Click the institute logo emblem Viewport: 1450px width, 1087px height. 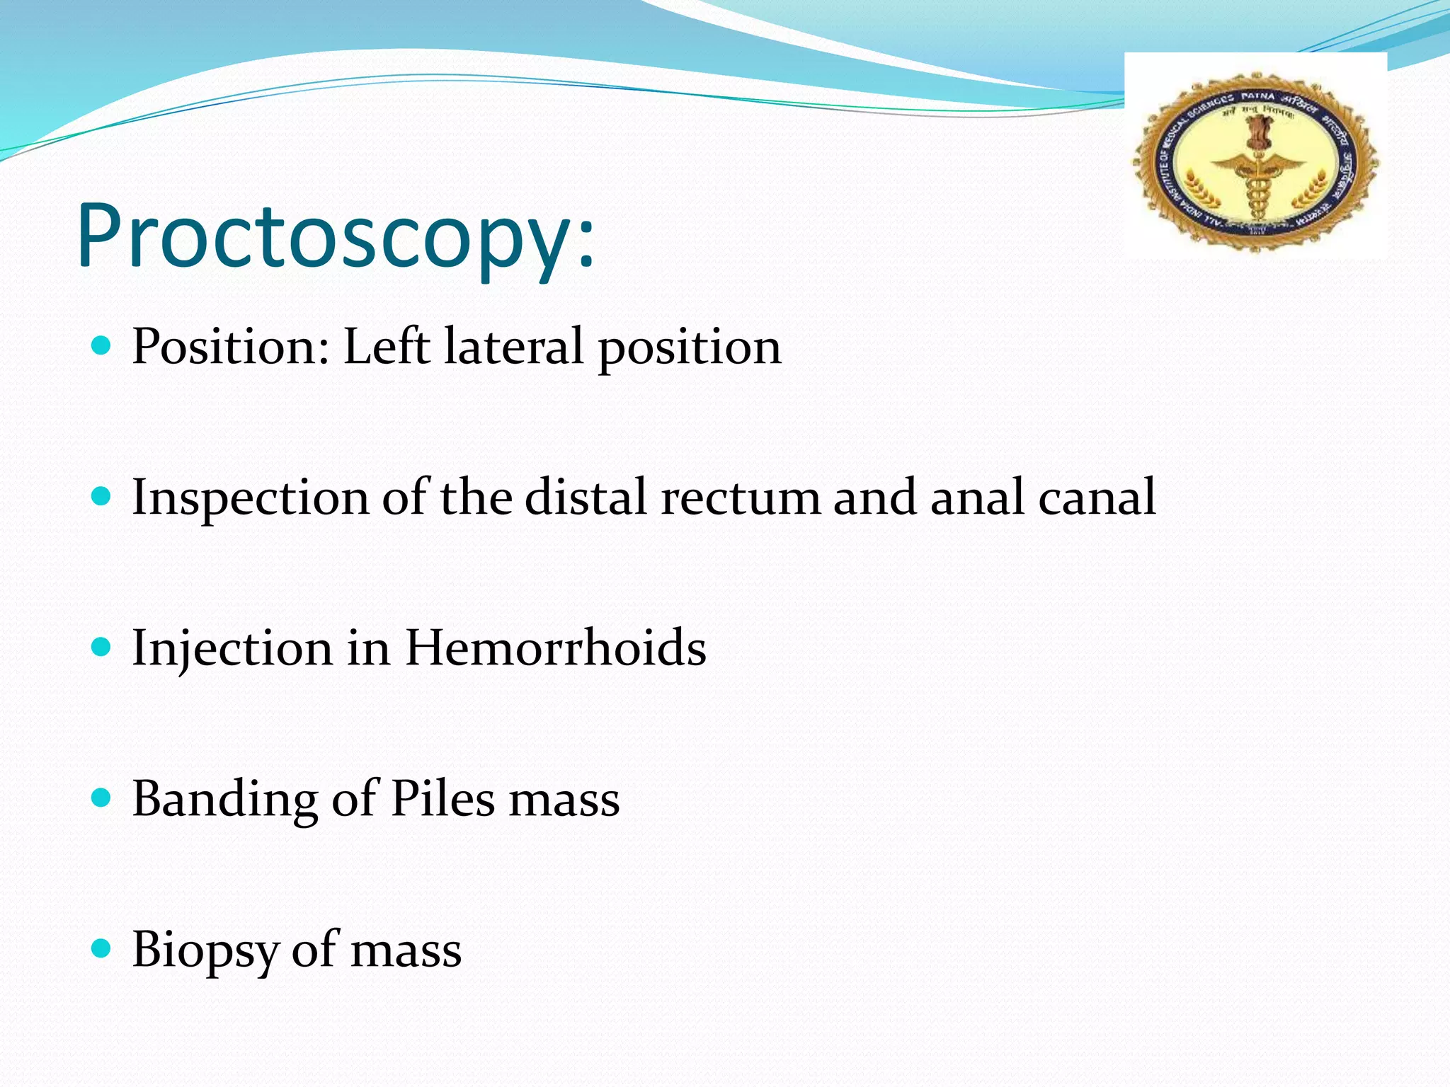coord(1255,161)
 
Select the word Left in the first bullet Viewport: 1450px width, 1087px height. coord(387,347)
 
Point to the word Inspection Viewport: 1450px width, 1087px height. coord(250,498)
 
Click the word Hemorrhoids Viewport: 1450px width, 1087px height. coord(555,648)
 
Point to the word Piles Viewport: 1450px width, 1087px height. coord(443,799)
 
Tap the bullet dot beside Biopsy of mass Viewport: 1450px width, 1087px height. coord(102,948)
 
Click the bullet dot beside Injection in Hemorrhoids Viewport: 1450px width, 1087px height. coord(102,647)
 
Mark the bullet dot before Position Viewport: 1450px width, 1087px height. coord(102,345)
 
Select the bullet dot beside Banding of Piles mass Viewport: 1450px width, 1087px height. coord(102,798)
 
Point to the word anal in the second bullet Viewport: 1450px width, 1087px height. coord(976,498)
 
